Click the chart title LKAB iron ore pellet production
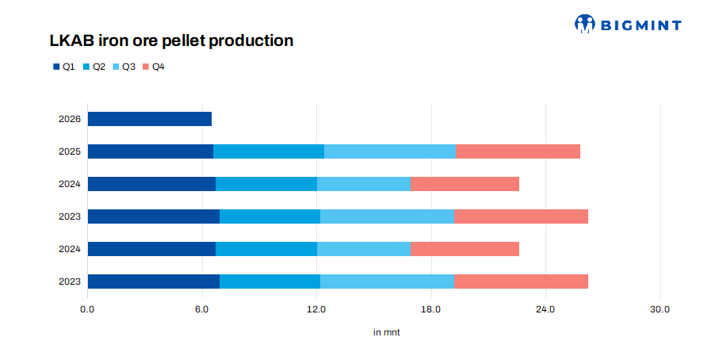(x=171, y=40)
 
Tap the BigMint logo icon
(x=585, y=23)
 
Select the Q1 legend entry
(x=63, y=67)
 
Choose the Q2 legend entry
(x=94, y=67)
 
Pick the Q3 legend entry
(x=124, y=67)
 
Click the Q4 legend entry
(x=154, y=67)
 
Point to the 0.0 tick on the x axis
(x=87, y=309)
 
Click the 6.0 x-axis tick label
(x=202, y=309)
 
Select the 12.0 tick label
(x=316, y=309)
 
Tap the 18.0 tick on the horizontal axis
(x=431, y=309)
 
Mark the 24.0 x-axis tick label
(x=545, y=309)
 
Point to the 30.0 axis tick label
(x=660, y=309)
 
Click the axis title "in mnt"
(x=387, y=332)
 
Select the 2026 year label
(x=70, y=119)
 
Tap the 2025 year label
(x=70, y=151)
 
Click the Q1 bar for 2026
(x=150, y=119)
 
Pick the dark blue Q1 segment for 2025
(x=151, y=151)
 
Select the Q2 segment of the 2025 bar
(x=270, y=151)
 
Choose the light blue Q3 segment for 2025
(x=390, y=151)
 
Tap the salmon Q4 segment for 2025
(x=518, y=151)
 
